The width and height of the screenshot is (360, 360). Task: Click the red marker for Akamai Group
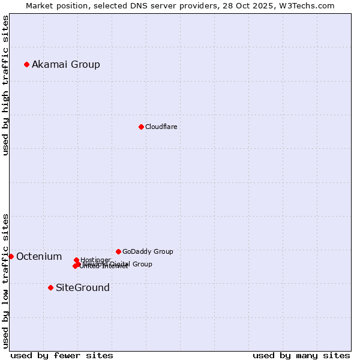point(26,64)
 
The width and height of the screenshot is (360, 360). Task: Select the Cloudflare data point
point(141,127)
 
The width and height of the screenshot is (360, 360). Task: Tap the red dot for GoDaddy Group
point(118,251)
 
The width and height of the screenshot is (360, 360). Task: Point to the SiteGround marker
point(50,287)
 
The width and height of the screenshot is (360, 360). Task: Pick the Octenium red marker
point(11,256)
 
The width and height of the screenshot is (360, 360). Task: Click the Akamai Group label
point(66,64)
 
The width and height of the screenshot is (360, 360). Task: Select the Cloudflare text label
point(161,127)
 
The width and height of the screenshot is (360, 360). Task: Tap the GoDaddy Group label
point(148,251)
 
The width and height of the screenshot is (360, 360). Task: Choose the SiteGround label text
point(83,287)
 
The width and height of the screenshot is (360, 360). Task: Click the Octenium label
point(39,257)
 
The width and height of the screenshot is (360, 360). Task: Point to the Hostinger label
point(95,260)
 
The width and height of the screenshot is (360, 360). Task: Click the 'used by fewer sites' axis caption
point(62,355)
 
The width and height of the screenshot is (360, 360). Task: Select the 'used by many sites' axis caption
point(301,355)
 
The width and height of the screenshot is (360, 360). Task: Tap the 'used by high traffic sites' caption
point(5,85)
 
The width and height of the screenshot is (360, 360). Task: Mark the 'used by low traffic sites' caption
point(5,281)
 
